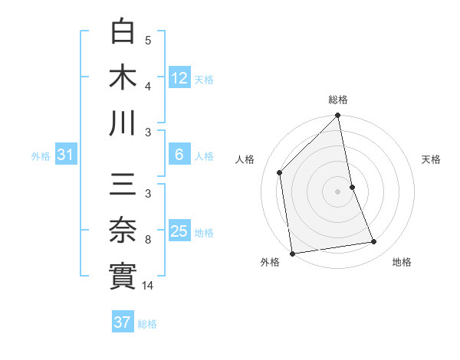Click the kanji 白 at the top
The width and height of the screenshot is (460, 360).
click(123, 32)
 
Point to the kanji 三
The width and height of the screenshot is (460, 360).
click(123, 187)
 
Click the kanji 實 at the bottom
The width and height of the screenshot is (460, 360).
click(123, 277)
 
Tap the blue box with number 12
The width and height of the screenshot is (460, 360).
click(179, 77)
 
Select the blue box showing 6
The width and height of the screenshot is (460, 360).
click(179, 155)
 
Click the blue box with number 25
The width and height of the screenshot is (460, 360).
click(179, 231)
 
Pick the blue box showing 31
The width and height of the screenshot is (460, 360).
click(66, 155)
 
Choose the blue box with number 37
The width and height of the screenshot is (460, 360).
click(123, 322)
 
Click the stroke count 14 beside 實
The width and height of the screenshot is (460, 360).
click(149, 285)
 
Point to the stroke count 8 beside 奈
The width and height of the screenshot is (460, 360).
click(148, 240)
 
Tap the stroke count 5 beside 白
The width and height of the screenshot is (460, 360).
click(148, 41)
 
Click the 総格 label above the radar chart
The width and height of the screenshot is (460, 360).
click(338, 100)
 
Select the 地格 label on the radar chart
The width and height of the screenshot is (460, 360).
click(402, 262)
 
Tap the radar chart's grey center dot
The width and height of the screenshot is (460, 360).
click(338, 191)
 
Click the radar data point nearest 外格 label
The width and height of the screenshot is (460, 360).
click(292, 253)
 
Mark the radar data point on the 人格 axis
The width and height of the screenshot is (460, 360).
click(280, 172)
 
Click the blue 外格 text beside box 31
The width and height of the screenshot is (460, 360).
click(41, 156)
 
